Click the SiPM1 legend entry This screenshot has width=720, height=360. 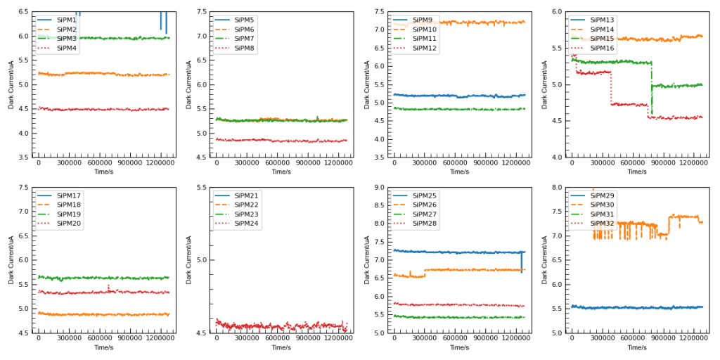coord(67,20)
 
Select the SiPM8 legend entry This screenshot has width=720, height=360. coord(245,48)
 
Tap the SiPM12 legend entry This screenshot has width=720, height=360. coord(425,48)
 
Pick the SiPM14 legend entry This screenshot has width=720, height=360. coord(603,29)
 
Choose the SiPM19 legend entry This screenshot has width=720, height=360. coord(67,214)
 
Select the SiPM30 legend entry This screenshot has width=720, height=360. coord(603,205)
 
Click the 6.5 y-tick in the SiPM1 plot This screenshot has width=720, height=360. coord(23,12)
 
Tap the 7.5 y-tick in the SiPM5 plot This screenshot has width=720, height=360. coord(201,12)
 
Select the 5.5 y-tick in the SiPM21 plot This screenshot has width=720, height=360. coord(201,188)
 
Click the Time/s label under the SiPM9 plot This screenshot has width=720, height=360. coord(459,172)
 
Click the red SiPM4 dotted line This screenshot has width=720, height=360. coord(105,109)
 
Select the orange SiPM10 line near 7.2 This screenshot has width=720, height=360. coord(478,22)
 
